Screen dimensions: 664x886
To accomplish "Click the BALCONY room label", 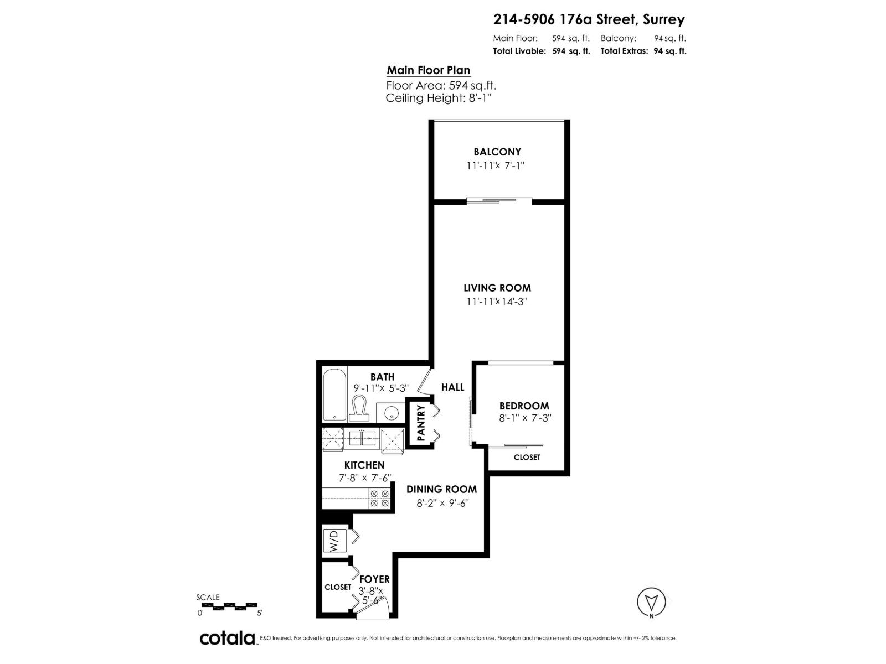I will pyautogui.click(x=497, y=152).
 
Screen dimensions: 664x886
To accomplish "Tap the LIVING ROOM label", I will pyautogui.click(x=497, y=288).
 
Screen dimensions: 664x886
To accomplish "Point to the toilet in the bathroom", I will pyautogui.click(x=360, y=408).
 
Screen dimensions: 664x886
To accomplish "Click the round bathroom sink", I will pyautogui.click(x=392, y=412).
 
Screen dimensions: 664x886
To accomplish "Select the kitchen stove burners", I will pyautogui.click(x=379, y=499).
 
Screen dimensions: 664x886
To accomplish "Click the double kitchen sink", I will pyautogui.click(x=363, y=438).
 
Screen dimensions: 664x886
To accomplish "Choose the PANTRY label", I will pyautogui.click(x=420, y=423).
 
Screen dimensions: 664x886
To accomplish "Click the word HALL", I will pyautogui.click(x=452, y=387).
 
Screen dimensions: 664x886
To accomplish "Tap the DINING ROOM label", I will pyautogui.click(x=441, y=489).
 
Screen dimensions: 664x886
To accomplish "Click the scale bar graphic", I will pyautogui.click(x=228, y=606).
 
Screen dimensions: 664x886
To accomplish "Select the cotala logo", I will pyautogui.click(x=227, y=638).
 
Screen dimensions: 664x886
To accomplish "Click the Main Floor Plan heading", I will pyautogui.click(x=428, y=70).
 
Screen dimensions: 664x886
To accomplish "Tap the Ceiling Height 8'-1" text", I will pyautogui.click(x=439, y=98).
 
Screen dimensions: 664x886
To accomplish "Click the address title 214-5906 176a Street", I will pyautogui.click(x=589, y=20).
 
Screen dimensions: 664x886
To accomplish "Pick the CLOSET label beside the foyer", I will pyautogui.click(x=338, y=587).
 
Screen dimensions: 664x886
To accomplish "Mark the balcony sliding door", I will pyautogui.click(x=498, y=200).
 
